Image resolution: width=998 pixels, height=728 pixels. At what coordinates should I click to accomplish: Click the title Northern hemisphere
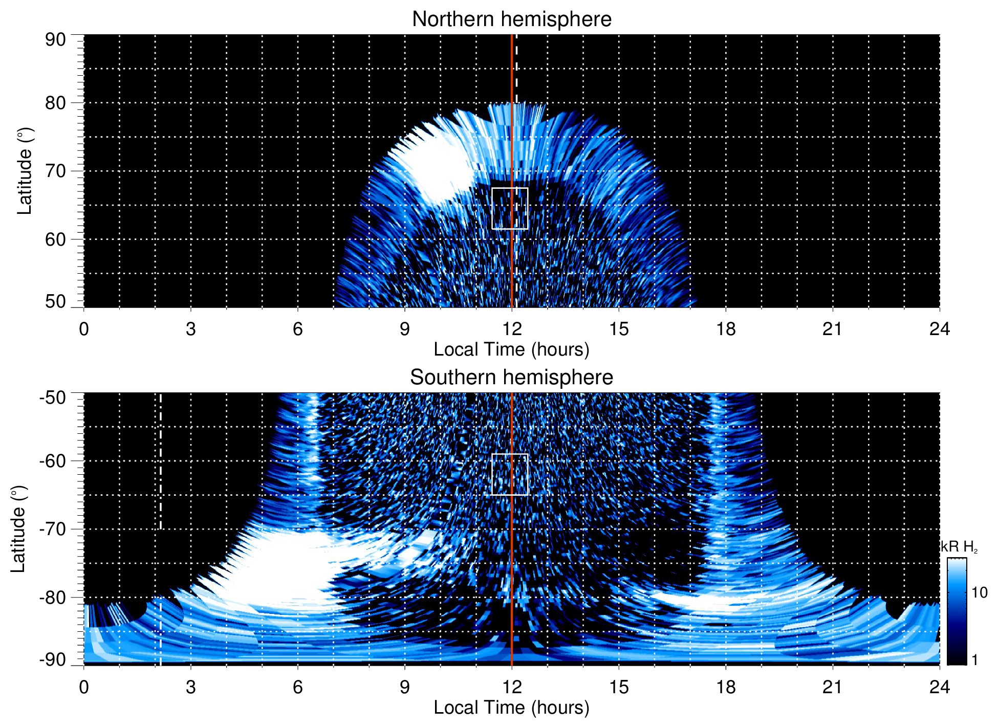pos(511,19)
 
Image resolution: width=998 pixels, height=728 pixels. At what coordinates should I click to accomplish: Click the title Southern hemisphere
pos(511,378)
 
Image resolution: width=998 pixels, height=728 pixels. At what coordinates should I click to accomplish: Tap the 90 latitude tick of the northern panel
pos(55,39)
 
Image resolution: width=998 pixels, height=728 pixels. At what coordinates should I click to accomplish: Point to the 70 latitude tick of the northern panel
pos(55,171)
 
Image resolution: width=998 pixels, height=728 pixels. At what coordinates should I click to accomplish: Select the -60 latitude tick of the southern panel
pos(53,460)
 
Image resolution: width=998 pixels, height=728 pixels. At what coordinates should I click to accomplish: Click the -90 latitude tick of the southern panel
pos(53,660)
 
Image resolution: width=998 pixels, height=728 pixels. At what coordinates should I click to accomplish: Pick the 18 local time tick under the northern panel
pos(725,329)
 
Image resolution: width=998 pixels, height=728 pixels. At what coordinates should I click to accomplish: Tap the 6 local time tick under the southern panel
pos(297,687)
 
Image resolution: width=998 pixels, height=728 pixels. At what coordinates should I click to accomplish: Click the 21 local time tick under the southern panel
pos(832,687)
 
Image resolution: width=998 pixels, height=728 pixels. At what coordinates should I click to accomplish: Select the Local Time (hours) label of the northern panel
pos(511,349)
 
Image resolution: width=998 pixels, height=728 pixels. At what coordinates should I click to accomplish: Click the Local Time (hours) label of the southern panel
pos(511,708)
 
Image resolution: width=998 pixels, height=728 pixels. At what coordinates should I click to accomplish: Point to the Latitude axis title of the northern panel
pos(25,171)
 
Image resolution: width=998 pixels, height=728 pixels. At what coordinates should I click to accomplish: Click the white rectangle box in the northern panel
pos(510,209)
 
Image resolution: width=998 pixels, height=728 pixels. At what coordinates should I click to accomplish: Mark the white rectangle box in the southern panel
pos(510,474)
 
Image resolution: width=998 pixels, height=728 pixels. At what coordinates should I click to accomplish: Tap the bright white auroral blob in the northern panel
pos(440,166)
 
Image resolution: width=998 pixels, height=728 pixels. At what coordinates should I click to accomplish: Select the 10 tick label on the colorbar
pos(979,593)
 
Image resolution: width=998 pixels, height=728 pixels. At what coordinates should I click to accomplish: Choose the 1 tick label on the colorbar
pos(974,660)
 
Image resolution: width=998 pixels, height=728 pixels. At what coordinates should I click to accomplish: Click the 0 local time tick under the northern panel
pos(84,329)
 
